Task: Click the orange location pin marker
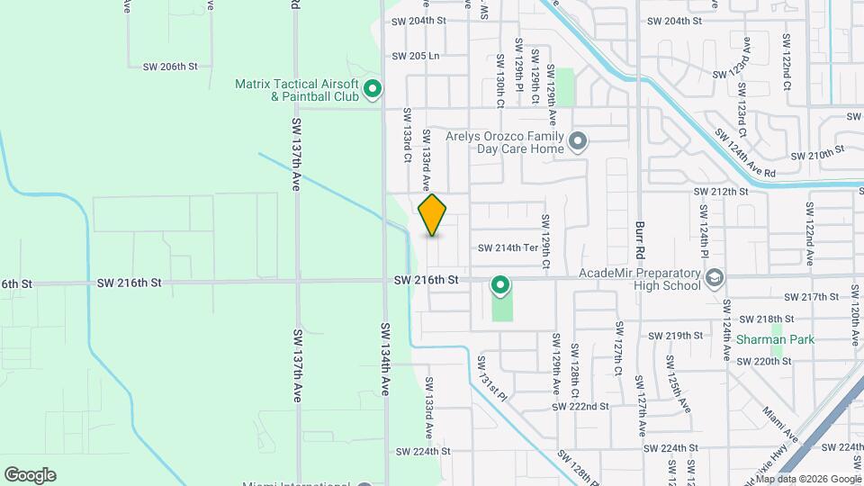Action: point(432,214)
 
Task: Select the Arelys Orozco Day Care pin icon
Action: point(578,141)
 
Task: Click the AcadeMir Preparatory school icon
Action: point(715,276)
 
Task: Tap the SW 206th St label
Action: point(170,67)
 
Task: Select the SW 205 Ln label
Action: point(416,55)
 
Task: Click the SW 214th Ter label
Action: point(507,247)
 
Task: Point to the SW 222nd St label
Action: point(583,406)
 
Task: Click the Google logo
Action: point(30,475)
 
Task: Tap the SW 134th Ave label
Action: point(385,359)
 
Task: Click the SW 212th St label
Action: point(721,192)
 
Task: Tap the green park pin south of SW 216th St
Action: point(500,286)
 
